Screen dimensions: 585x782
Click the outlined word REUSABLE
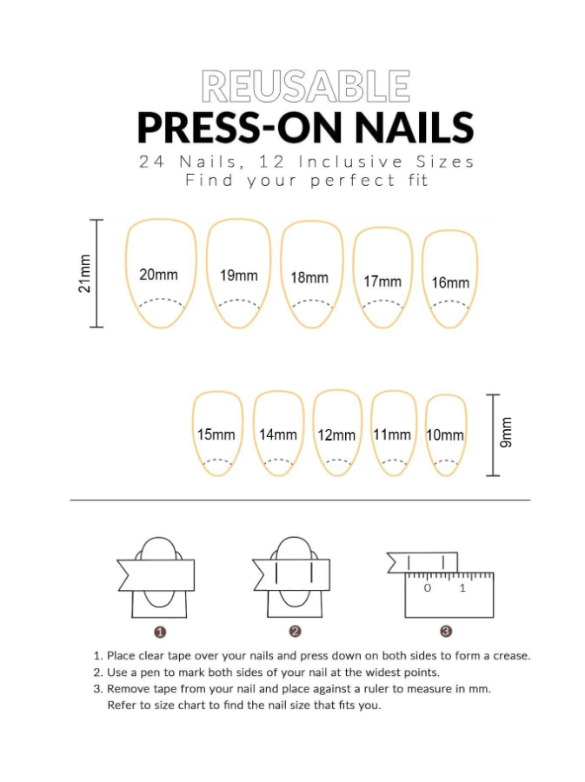click(306, 86)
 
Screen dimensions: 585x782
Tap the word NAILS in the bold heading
click(414, 127)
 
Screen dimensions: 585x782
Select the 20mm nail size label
click(158, 275)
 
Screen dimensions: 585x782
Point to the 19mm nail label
click(239, 275)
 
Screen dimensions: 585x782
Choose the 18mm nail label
click(309, 278)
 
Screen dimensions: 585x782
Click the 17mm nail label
click(382, 282)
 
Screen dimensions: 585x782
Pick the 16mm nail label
click(450, 282)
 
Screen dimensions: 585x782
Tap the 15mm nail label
click(216, 434)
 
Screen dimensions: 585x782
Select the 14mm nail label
click(278, 434)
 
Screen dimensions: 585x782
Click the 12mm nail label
click(336, 435)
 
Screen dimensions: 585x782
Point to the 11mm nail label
click(392, 434)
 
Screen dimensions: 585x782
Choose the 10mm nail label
click(445, 435)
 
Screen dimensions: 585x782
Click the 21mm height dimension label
click(85, 274)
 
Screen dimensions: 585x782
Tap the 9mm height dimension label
click(506, 432)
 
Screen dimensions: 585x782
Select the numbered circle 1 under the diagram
click(160, 633)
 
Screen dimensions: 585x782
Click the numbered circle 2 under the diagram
click(295, 632)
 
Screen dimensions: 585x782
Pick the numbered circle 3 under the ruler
click(446, 632)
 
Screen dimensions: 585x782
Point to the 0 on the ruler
click(428, 588)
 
